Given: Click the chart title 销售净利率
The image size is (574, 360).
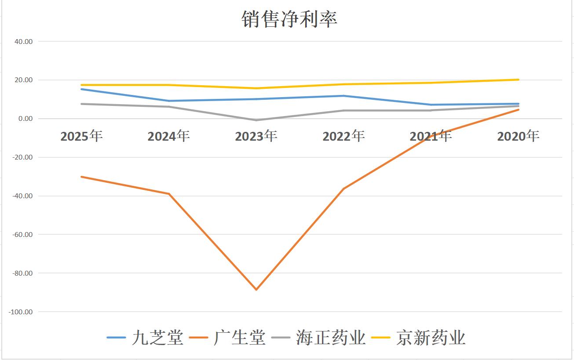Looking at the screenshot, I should click(289, 19).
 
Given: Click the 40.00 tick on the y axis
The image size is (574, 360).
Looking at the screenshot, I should click(24, 42).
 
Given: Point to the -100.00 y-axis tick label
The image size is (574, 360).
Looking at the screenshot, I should click(21, 312).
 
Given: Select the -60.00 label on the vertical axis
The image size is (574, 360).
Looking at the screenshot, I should click(22, 234).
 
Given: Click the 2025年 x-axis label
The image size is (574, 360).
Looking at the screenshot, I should click(81, 136).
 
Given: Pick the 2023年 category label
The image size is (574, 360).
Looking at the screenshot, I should click(256, 136).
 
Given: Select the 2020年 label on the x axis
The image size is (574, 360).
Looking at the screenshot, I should click(518, 136).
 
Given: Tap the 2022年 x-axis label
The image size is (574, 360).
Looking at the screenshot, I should click(344, 136).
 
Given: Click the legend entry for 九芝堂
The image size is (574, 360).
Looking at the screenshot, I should click(145, 338).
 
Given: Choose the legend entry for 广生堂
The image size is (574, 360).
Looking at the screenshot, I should click(228, 338).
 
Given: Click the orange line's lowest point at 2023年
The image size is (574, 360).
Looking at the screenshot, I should click(256, 290).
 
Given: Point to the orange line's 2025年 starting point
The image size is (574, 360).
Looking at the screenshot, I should click(81, 177).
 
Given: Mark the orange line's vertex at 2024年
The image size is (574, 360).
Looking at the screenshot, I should click(169, 194).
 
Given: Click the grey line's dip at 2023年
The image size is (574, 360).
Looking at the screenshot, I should click(256, 120).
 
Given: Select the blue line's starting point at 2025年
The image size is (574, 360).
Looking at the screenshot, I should click(81, 89).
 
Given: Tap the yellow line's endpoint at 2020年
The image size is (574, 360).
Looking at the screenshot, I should click(519, 80).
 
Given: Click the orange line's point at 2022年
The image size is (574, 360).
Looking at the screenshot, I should click(344, 189).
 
